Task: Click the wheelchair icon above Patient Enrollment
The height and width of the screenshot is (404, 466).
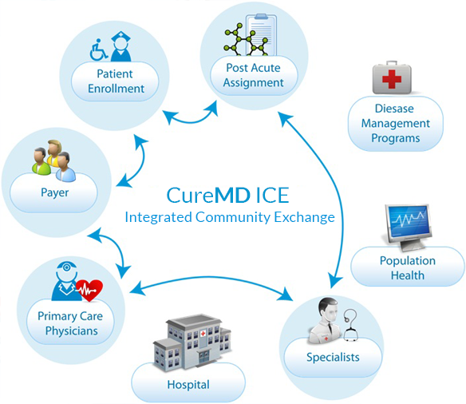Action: [99, 50]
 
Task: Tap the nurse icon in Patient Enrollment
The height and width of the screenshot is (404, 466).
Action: [120, 46]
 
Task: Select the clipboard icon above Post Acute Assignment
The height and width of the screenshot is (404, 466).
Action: [261, 35]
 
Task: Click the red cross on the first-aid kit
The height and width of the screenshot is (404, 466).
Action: [392, 79]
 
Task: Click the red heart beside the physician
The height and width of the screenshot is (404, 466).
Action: [89, 290]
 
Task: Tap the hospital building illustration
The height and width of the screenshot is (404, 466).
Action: [192, 341]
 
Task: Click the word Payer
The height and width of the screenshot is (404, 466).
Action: [55, 193]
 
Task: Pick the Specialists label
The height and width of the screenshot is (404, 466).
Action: [333, 357]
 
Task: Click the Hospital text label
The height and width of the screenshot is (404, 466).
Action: [188, 385]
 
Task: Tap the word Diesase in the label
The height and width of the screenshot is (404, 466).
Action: [394, 109]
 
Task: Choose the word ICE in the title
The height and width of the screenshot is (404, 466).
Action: [272, 196]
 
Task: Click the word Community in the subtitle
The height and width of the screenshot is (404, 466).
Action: [233, 217]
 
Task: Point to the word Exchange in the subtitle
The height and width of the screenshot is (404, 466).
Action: [304, 217]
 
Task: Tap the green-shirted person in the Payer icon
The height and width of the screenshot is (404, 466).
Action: [41, 162]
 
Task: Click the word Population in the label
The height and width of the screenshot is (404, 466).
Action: [408, 261]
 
